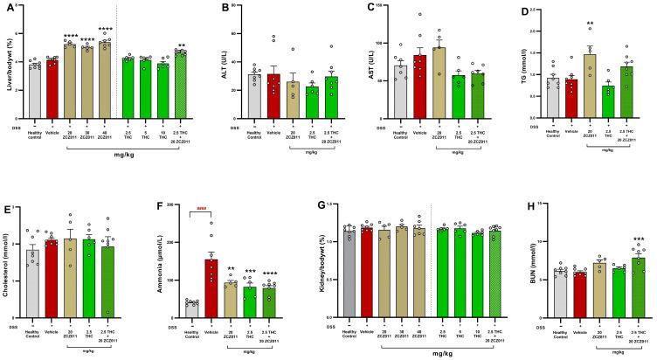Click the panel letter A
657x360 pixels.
(5, 7)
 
